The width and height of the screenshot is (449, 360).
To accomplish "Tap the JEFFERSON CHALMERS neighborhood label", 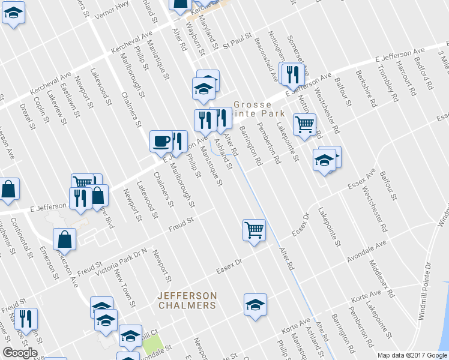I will pos(187,301).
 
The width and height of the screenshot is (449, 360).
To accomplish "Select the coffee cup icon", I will pos(160,141).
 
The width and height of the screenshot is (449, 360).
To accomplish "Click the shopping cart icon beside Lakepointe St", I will pos(305,124).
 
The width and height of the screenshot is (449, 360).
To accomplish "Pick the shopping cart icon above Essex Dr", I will pos(254,229).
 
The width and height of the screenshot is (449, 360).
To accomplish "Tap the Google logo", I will pos(19,352).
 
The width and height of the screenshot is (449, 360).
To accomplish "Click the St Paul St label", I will pos(237,44).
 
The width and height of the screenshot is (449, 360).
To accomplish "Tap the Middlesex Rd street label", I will pos(382,276).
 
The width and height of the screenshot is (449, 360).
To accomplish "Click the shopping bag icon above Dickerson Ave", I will pos(64,239).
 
